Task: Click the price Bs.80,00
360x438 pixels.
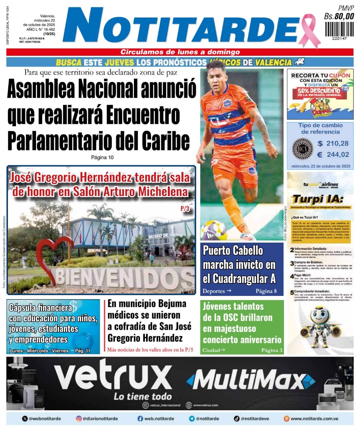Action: click(x=339, y=16)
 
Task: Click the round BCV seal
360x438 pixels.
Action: click(x=302, y=149)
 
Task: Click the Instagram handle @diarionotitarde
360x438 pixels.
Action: click(x=100, y=418)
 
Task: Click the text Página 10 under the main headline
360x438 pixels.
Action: click(x=102, y=158)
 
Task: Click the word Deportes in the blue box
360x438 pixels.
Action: click(x=214, y=291)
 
